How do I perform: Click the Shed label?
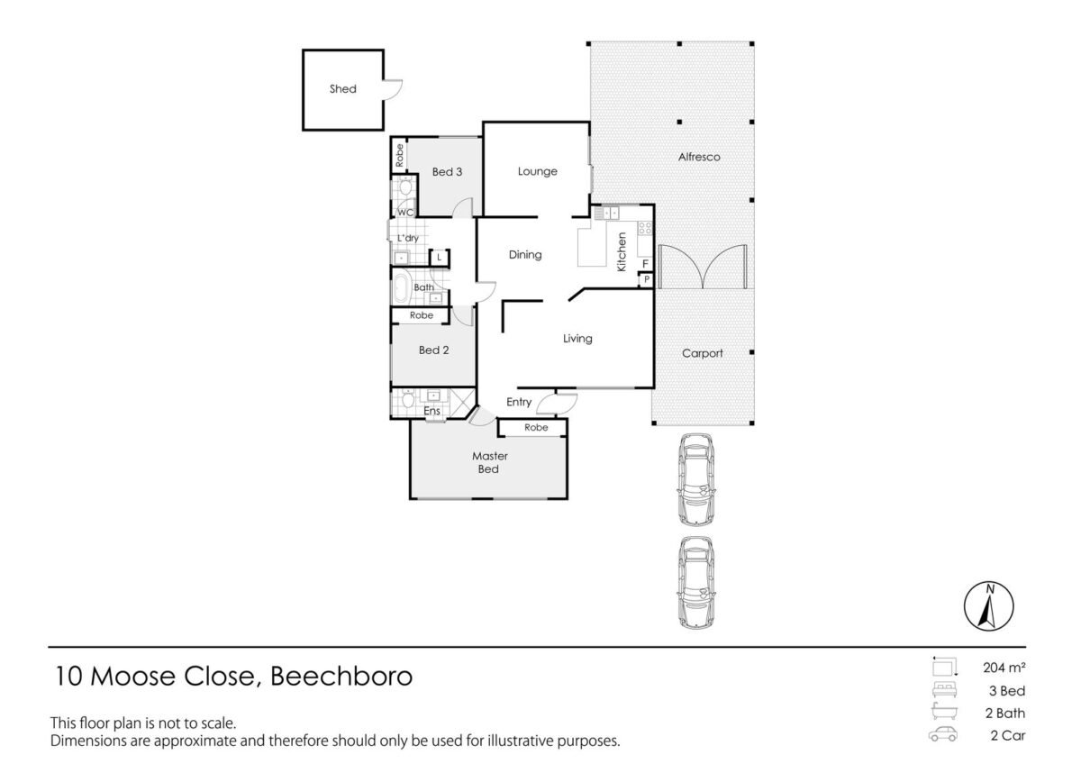click(342, 89)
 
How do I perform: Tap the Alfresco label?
click(699, 157)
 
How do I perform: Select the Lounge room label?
click(537, 171)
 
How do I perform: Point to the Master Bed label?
click(489, 462)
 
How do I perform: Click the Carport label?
click(702, 353)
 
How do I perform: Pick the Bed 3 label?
click(447, 172)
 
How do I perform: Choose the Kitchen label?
click(622, 252)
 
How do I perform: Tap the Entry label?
click(519, 402)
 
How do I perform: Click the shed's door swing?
click(393, 90)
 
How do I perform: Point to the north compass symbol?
click(989, 605)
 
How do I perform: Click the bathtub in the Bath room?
click(402, 288)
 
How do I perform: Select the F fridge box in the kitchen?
click(645, 264)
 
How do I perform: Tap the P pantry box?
click(646, 280)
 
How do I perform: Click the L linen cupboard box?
click(440, 258)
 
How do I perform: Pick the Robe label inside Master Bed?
click(536, 428)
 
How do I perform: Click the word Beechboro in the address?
click(341, 676)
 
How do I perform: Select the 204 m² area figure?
click(1004, 668)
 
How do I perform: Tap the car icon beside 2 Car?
click(943, 734)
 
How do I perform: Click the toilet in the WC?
click(405, 186)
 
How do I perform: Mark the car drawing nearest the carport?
click(695, 479)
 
